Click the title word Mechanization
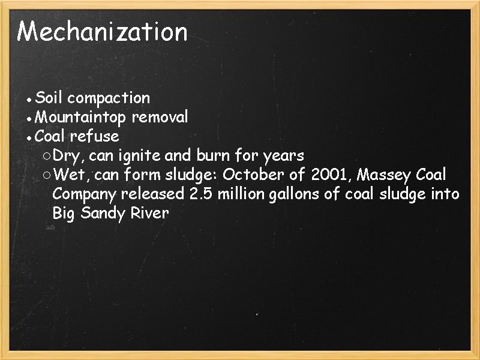click(x=102, y=31)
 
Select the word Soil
click(x=50, y=97)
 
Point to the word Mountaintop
click(x=80, y=116)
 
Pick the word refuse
click(x=94, y=136)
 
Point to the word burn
click(x=212, y=156)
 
